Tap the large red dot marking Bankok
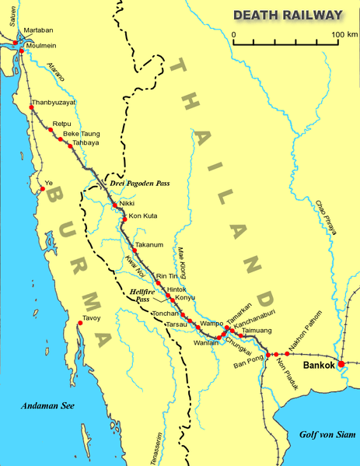[x=341, y=363]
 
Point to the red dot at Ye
[x=42, y=187]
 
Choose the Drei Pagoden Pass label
[x=140, y=184]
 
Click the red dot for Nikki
[x=114, y=205]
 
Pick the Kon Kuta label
[x=142, y=215]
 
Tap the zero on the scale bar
[x=233, y=34]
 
